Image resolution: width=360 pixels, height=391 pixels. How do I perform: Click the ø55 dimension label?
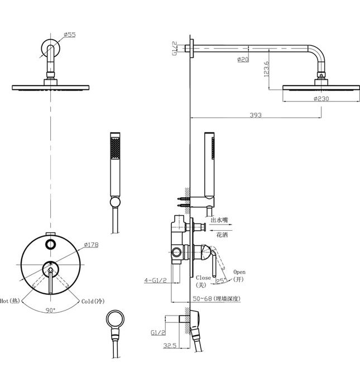point(70,35)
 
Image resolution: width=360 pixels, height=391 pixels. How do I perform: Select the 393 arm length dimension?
point(256,115)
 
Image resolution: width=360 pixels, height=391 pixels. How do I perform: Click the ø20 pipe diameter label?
point(243,59)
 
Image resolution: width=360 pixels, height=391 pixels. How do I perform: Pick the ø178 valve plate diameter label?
point(91,245)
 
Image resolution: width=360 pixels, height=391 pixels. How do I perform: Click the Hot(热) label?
point(10,301)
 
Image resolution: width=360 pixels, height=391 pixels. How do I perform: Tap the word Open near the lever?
point(239,272)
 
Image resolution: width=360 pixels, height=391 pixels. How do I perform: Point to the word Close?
point(203,277)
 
